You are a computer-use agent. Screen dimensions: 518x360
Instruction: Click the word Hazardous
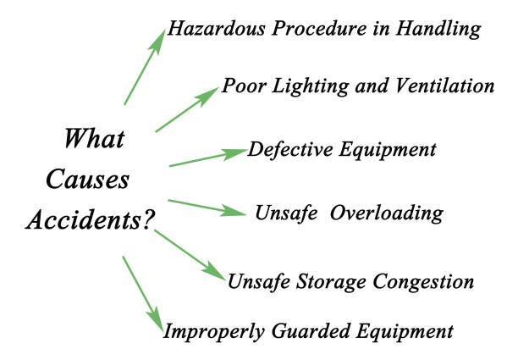pyautogui.click(x=217, y=28)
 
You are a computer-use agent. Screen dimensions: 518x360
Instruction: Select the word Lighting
pyautogui.click(x=311, y=86)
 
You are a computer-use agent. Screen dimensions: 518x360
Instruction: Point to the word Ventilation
pyautogui.click(x=445, y=86)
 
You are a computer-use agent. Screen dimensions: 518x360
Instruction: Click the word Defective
pyautogui.click(x=290, y=149)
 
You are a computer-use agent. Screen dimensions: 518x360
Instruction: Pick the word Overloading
pyautogui.click(x=387, y=213)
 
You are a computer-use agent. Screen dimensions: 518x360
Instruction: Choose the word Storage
pyautogui.click(x=331, y=283)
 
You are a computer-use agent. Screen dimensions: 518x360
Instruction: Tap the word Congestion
pyautogui.click(x=424, y=283)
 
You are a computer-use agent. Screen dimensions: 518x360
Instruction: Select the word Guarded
pyautogui.click(x=311, y=331)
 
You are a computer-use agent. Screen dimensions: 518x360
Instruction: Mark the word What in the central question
pyautogui.click(x=94, y=138)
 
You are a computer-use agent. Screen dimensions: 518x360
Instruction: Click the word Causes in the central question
pyautogui.click(x=87, y=180)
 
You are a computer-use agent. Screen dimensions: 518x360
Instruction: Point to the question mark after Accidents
pyautogui.click(x=148, y=219)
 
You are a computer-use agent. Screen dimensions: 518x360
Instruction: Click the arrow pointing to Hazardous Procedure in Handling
pyautogui.click(x=145, y=67)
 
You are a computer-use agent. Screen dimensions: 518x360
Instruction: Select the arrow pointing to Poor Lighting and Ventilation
pyautogui.click(x=187, y=110)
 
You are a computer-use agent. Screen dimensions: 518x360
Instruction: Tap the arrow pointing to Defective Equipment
pyautogui.click(x=208, y=158)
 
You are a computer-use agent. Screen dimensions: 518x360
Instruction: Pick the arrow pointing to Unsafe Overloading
pyautogui.click(x=207, y=208)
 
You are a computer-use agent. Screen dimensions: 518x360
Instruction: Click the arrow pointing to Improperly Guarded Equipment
pyautogui.click(x=143, y=293)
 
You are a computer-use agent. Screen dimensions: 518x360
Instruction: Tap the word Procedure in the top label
pyautogui.click(x=319, y=28)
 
